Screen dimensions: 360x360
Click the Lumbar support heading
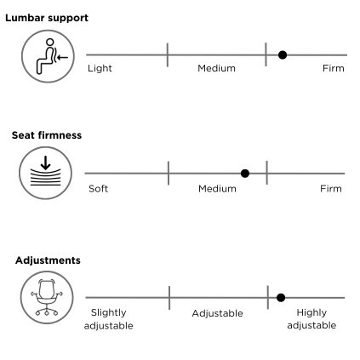[47, 18]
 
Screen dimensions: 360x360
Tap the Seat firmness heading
[47, 135]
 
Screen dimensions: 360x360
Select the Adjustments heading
[48, 260]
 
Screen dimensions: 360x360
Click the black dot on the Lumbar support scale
[283, 55]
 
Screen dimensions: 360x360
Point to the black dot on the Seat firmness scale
[245, 174]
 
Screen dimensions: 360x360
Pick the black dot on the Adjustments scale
[281, 298]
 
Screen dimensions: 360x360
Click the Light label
[100, 68]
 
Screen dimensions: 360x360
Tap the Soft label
[98, 189]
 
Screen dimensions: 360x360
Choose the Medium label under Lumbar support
[216, 68]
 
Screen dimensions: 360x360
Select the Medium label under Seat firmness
[217, 189]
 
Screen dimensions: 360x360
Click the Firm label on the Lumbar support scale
[334, 68]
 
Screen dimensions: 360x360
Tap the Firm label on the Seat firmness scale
[331, 189]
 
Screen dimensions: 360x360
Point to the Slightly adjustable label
[109, 319]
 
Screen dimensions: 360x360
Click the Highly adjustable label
[311, 319]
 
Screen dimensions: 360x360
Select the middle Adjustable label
[217, 313]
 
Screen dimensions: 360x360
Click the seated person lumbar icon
[48, 56]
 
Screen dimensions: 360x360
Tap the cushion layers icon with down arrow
[45, 173]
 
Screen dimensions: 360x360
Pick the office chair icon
[47, 297]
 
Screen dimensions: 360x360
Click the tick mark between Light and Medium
[168, 55]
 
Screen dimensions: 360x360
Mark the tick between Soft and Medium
[169, 173]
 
